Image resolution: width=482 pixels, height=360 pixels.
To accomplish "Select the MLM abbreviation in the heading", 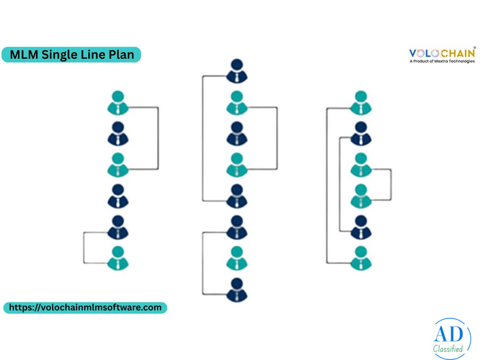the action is tap(24, 54).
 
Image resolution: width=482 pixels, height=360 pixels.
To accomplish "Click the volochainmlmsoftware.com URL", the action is tap(85, 308).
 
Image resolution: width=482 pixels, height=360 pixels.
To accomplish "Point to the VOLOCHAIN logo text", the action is tap(443, 53).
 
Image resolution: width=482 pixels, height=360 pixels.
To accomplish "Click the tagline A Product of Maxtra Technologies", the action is tap(442, 61).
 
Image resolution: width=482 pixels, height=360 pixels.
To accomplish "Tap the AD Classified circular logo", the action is tap(451, 338).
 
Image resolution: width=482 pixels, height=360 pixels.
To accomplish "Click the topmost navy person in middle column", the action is tap(237, 71).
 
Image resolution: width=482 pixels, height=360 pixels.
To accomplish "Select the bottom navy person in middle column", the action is tap(237, 290).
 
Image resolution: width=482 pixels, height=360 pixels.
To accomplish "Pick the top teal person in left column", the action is tap(118, 103).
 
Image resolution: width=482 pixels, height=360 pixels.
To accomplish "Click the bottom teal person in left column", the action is tap(118, 258).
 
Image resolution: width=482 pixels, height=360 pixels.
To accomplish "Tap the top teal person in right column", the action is tap(361, 103).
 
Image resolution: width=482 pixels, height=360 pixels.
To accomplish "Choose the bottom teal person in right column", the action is tap(361, 258).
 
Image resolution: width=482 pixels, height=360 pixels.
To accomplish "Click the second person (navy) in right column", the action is tap(361, 134).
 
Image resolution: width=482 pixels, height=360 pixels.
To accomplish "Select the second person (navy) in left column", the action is tap(118, 134).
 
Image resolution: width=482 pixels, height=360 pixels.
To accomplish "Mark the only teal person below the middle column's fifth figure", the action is tap(237, 258).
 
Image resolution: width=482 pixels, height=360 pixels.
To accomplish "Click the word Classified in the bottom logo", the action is tap(448, 348).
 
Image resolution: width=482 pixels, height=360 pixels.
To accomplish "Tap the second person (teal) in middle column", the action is tap(237, 103).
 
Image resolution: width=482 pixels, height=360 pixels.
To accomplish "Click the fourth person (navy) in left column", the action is tap(118, 196).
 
